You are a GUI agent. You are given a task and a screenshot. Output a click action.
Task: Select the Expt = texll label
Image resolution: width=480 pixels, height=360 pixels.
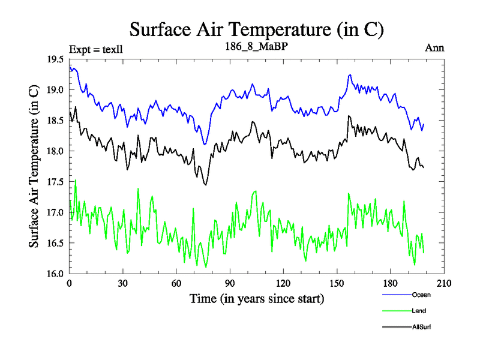tap(96, 49)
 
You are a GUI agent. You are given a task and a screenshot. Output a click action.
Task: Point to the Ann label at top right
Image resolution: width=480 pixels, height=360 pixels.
tap(434, 48)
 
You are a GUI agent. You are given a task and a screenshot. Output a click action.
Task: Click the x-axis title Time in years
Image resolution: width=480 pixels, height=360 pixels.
tap(257, 298)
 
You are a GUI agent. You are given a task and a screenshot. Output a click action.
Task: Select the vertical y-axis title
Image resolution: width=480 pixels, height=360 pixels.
tap(34, 166)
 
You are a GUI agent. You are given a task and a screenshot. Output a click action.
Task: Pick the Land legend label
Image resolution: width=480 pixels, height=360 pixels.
tap(419, 311)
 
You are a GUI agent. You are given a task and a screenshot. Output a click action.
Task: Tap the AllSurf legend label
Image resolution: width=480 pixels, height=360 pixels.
tap(421, 327)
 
